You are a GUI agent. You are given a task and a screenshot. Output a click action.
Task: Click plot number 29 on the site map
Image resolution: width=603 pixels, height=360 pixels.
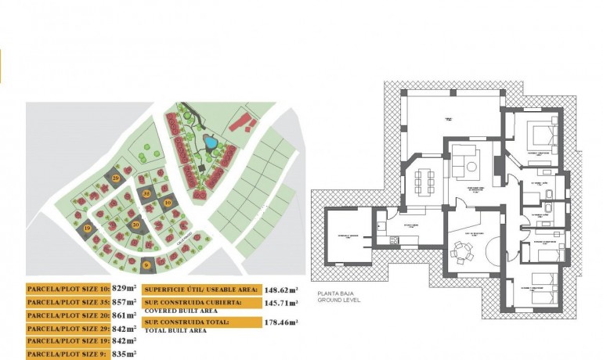pyautogui.click(x=116, y=178)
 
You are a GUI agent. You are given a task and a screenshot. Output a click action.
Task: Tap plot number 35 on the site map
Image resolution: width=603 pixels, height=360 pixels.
pyautogui.click(x=146, y=193)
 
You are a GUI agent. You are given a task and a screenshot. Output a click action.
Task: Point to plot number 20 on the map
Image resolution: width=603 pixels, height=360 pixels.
pyautogui.click(x=136, y=225)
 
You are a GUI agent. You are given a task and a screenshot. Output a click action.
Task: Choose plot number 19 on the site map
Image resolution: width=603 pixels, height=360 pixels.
pyautogui.click(x=88, y=229)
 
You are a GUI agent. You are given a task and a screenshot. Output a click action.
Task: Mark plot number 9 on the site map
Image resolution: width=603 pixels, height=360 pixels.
pyautogui.click(x=146, y=265)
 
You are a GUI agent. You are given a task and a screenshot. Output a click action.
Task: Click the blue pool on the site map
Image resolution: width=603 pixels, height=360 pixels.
pyautogui.click(x=208, y=142)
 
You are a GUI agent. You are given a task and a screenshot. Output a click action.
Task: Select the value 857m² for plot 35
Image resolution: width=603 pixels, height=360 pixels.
pyautogui.click(x=123, y=301)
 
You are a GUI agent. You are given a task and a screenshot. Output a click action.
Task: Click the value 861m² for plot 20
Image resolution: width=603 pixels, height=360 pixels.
pyautogui.click(x=123, y=315)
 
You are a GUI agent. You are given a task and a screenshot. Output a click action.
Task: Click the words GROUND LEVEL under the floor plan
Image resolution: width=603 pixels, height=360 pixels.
pyautogui.click(x=339, y=300)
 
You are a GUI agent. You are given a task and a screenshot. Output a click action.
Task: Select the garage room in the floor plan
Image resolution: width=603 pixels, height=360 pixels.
pyautogui.click(x=345, y=236)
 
